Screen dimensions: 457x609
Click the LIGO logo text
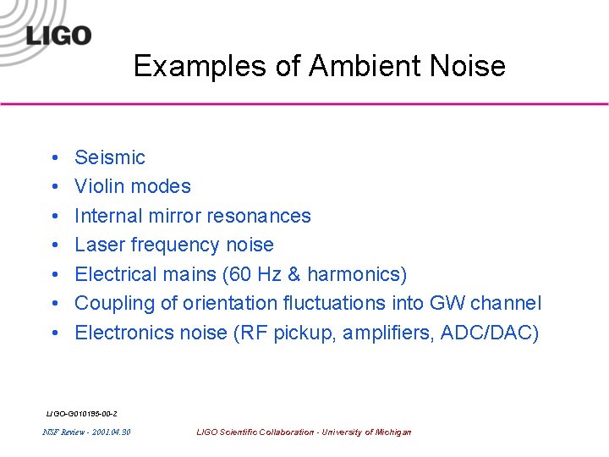[58, 36]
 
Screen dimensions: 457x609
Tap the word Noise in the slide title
[466, 66]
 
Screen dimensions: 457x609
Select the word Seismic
[110, 157]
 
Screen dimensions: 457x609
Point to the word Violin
[98, 186]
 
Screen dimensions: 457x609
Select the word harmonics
[353, 274]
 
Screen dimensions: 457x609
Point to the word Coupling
[112, 303]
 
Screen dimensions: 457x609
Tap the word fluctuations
[338, 303]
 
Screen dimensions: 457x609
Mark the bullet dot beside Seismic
[52, 158]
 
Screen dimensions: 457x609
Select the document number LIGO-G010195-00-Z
[81, 414]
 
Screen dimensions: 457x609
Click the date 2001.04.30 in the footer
[110, 432]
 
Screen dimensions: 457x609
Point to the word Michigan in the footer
[392, 432]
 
